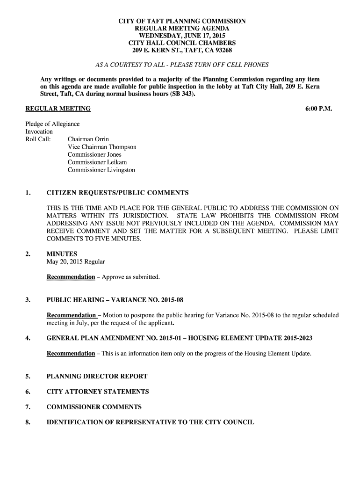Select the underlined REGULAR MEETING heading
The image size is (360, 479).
click(58, 109)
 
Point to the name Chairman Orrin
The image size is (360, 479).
click(88, 139)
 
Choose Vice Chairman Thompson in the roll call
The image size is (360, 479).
click(102, 147)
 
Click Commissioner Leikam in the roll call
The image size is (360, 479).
click(97, 162)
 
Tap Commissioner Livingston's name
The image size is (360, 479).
click(101, 170)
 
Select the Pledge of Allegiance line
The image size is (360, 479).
click(52, 124)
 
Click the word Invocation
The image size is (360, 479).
click(39, 131)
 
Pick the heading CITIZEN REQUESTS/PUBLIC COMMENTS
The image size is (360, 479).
click(117, 193)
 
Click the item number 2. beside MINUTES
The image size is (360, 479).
click(28, 254)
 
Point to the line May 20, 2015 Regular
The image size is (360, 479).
click(76, 261)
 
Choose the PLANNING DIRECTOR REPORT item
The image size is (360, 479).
click(97, 376)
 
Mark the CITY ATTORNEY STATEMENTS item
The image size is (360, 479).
click(98, 392)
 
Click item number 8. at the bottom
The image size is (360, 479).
click(28, 422)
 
